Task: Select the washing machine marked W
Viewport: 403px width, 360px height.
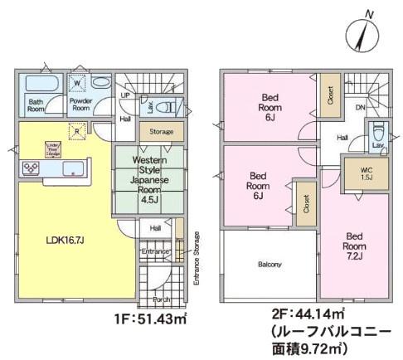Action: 77,83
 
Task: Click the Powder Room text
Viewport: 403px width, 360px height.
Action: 80,104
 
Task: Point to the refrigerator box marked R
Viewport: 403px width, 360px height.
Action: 76,132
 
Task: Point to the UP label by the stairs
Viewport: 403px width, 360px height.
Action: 124,95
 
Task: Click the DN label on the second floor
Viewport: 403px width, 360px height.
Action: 361,107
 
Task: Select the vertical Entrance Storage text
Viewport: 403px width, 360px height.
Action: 197,256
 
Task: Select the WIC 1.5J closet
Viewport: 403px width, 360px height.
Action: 365,175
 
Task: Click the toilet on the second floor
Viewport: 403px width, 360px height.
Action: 377,131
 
